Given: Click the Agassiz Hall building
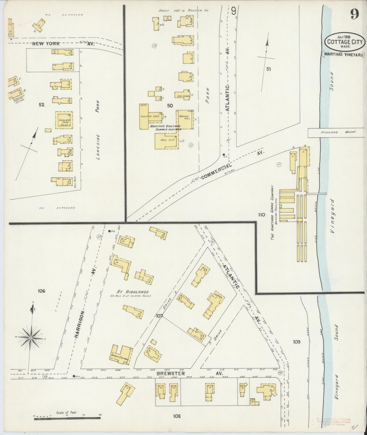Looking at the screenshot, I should pos(185,119).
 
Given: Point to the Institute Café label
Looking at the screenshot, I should pos(150,116).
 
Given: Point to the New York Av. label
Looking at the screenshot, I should pos(63,44).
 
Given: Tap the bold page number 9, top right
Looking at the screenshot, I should pos(355,14).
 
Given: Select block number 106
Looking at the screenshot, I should pos(41,291).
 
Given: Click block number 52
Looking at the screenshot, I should pos(41,105).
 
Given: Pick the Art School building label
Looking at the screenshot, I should pos(182,96).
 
